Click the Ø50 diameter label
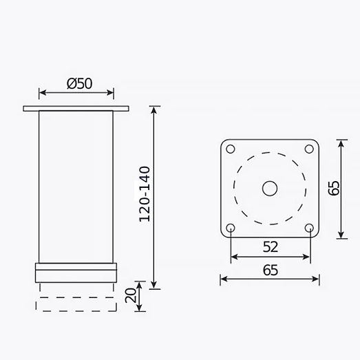click(79, 83)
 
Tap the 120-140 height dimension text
click(145, 194)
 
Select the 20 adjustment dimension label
click(131, 295)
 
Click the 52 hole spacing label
click(271, 247)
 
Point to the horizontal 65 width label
click(271, 271)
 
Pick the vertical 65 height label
click(334, 189)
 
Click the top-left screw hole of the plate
click(231, 149)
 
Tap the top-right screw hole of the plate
click(309, 149)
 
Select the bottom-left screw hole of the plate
click(231, 228)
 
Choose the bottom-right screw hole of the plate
click(309, 228)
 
